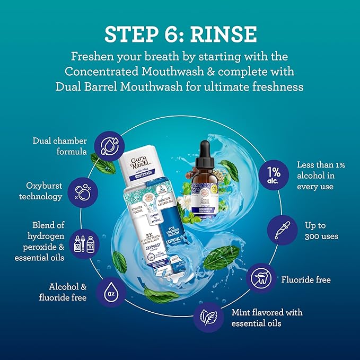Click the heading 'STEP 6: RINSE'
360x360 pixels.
180,34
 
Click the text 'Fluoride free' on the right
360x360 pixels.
306,279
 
